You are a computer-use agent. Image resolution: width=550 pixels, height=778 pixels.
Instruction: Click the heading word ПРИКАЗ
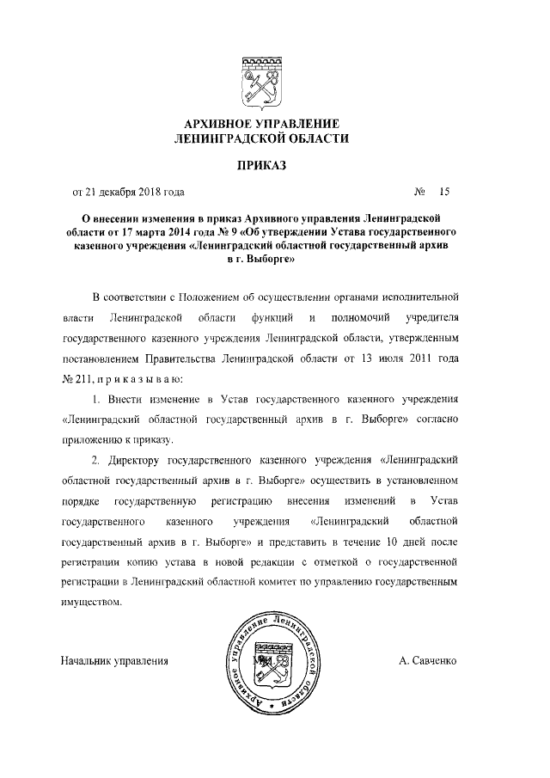click(x=262, y=163)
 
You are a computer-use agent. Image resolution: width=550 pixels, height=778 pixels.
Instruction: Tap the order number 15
click(x=444, y=192)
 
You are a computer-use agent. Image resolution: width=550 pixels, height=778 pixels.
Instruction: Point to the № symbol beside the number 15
click(x=421, y=192)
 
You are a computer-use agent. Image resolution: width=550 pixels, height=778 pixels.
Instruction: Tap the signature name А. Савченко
click(x=429, y=661)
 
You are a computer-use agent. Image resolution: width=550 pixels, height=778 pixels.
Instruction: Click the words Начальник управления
click(x=114, y=661)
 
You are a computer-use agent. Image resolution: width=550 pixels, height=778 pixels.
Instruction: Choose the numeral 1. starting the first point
click(x=95, y=400)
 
